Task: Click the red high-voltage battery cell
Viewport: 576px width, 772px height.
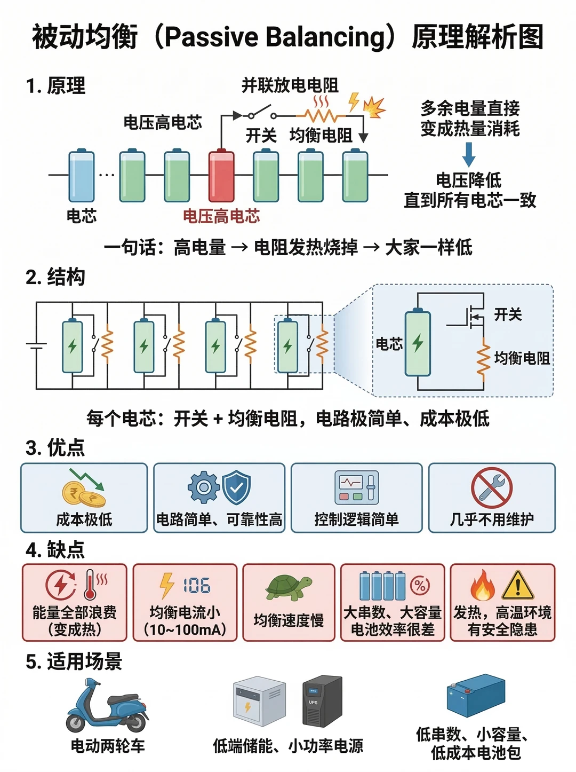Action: tap(221, 175)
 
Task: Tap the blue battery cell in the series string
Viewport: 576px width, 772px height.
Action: tap(81, 175)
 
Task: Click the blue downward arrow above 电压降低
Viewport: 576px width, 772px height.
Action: tap(468, 154)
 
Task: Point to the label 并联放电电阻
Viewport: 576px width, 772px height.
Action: tap(290, 85)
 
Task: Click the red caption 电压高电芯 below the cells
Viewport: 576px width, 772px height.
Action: tap(221, 216)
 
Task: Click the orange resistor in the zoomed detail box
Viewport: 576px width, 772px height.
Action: tap(483, 359)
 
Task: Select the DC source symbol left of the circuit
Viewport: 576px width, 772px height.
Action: tap(36, 346)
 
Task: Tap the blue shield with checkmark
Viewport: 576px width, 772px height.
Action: tap(236, 487)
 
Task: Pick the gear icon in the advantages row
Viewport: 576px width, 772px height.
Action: tap(204, 487)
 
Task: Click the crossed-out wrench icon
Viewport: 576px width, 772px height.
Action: tap(491, 488)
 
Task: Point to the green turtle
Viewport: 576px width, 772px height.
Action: tap(289, 587)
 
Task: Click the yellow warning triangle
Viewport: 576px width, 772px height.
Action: tap(517, 585)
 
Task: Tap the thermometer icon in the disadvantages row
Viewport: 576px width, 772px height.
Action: tap(90, 585)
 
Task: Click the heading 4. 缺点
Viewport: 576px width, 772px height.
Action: tap(55, 549)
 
